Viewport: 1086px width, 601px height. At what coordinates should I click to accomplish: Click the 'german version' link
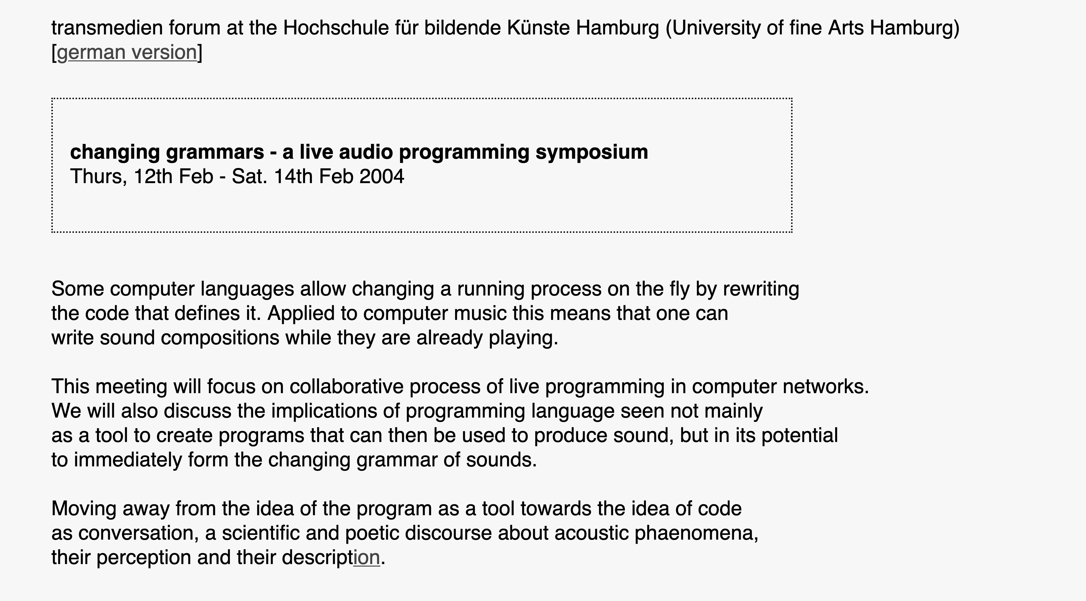(x=126, y=53)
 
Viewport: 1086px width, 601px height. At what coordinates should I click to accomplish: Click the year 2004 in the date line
(x=382, y=176)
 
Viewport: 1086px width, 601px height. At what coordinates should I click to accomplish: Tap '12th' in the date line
(x=153, y=176)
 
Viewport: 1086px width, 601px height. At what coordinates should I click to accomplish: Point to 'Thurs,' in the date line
(x=99, y=176)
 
